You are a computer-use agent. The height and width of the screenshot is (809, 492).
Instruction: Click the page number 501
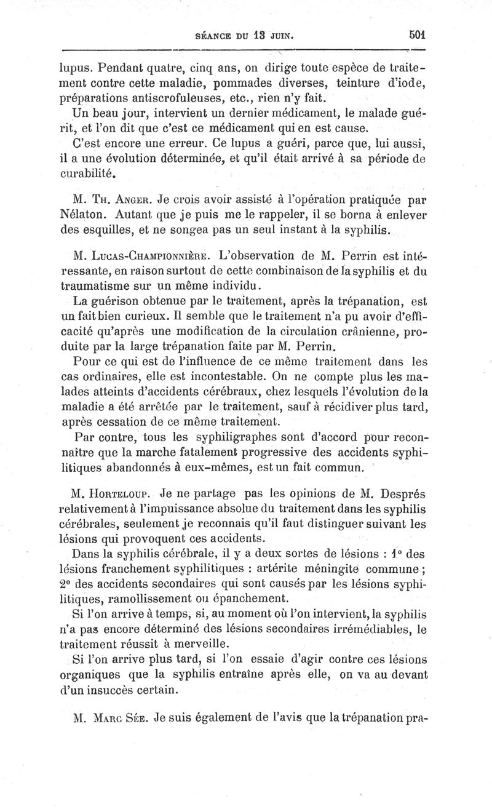pyautogui.click(x=417, y=35)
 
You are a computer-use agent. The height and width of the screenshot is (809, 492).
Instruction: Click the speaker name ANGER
pyautogui.click(x=132, y=201)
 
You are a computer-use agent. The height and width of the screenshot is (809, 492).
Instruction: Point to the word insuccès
pyautogui.click(x=105, y=690)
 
